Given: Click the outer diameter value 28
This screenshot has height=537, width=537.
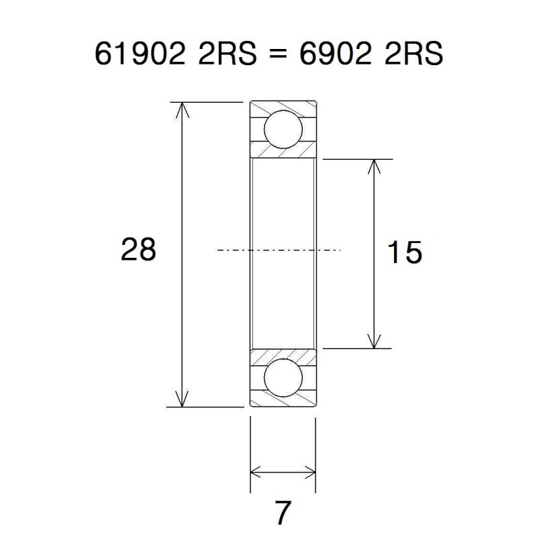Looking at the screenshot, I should (x=138, y=250).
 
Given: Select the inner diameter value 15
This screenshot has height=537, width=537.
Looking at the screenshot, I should (x=405, y=253).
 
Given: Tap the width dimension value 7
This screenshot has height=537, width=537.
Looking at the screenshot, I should (x=283, y=514).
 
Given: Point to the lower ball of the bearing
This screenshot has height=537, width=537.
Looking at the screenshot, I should (x=283, y=378).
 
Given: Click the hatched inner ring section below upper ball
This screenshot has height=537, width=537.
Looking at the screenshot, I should (x=283, y=152).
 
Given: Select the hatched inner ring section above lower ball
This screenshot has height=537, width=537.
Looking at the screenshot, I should (x=283, y=355).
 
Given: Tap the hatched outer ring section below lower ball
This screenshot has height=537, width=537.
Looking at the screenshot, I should (x=283, y=401).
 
